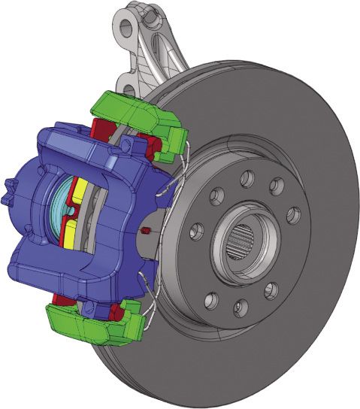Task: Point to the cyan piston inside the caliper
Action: click(x=59, y=208)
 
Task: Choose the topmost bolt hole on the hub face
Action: click(x=247, y=179)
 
